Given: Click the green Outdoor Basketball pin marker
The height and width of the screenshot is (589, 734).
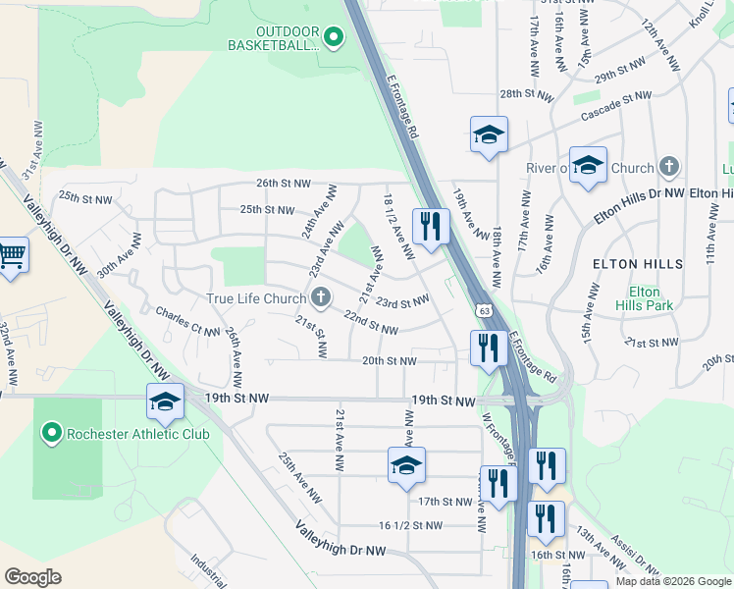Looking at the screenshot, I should click(333, 38).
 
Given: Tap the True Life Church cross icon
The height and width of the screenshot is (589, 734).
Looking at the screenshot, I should click(321, 297).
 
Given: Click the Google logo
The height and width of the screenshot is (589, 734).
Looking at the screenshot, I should click(32, 576).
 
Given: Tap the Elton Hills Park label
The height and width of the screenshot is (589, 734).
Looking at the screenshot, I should click(644, 298).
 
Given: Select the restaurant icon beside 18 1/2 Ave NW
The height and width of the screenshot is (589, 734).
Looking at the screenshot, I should click(431, 227).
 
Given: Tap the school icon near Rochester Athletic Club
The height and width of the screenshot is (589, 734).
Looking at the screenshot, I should click(165, 402).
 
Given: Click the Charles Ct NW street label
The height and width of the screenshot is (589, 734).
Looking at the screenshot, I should click(188, 322).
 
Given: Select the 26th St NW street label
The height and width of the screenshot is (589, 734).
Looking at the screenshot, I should click(284, 183).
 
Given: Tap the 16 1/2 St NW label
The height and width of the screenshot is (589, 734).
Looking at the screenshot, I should click(411, 525).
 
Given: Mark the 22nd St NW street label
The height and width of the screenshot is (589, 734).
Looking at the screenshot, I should click(370, 322).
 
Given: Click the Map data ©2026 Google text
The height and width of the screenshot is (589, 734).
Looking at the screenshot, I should click(673, 581).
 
